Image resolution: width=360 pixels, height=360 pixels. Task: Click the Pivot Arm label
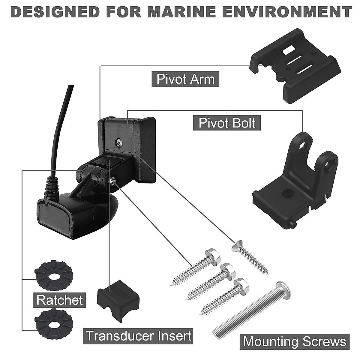(185, 79)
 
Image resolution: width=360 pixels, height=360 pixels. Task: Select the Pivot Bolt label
(227, 123)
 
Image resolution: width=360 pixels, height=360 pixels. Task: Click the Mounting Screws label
(295, 342)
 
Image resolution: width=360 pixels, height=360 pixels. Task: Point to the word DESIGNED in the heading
(55, 12)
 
